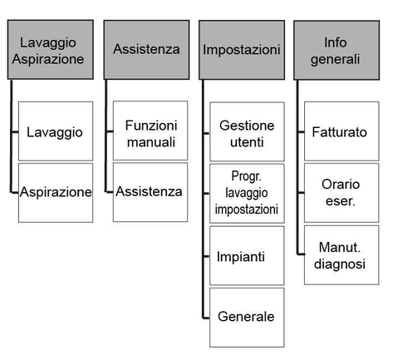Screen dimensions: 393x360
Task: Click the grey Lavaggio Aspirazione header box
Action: [51, 50]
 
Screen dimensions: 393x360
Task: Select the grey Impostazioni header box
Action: [242, 50]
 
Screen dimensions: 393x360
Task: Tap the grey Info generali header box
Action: [337, 50]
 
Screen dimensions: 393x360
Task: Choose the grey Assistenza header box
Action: [147, 50]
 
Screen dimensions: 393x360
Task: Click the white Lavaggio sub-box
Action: [56, 131]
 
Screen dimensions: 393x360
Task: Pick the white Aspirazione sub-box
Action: [56, 193]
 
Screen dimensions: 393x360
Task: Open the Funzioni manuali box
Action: [150, 131]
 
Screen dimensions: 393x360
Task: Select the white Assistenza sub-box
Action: [150, 192]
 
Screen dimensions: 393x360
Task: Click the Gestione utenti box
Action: [247, 131]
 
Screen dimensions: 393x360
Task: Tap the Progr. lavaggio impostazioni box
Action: [247, 193]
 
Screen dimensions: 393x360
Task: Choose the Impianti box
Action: [247, 255]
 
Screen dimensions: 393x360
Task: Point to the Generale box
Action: [247, 318]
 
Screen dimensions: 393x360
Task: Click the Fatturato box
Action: [341, 131]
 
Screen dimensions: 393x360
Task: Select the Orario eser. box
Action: [341, 193]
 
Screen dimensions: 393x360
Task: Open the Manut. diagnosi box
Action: [341, 255]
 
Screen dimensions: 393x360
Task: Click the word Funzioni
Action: [151, 126]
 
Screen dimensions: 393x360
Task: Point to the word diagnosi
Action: [340, 264]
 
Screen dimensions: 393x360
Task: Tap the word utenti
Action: [247, 142]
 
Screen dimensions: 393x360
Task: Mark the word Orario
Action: [341, 185]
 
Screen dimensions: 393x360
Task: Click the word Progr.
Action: [246, 176]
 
